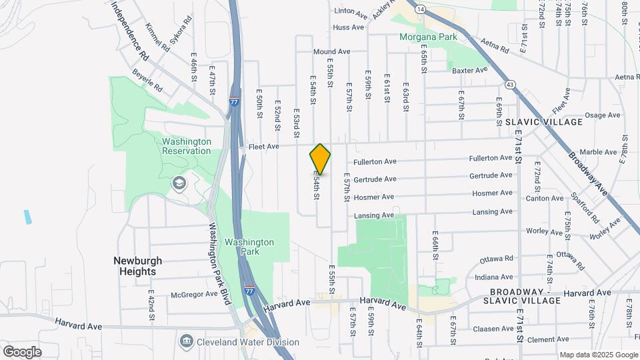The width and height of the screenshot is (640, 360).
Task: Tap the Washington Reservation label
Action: tap(187, 146)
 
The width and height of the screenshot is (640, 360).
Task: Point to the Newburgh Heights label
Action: tap(135, 266)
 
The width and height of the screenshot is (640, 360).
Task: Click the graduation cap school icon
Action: tap(178, 183)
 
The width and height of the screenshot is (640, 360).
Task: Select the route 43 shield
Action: tap(510, 85)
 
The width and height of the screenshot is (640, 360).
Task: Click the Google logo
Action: tap(22, 351)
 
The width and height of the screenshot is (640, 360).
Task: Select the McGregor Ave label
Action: tap(194, 293)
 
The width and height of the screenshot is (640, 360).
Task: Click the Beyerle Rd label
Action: tap(147, 80)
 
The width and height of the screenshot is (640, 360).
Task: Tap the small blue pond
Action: tap(27, 217)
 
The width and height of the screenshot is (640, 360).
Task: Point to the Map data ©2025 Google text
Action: tap(598, 355)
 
